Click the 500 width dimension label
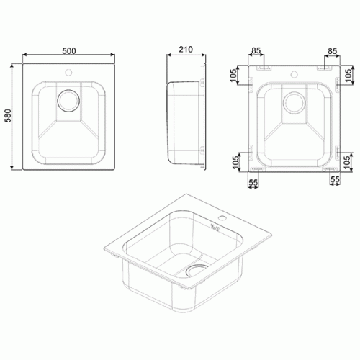coord(69,51)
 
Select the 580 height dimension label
coord(8,116)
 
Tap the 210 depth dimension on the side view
coord(186,50)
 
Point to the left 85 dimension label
coord(256,50)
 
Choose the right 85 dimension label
coord(333,51)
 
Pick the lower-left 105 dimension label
coord(236,161)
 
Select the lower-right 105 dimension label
coord(347,161)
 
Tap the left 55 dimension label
coord(253,183)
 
